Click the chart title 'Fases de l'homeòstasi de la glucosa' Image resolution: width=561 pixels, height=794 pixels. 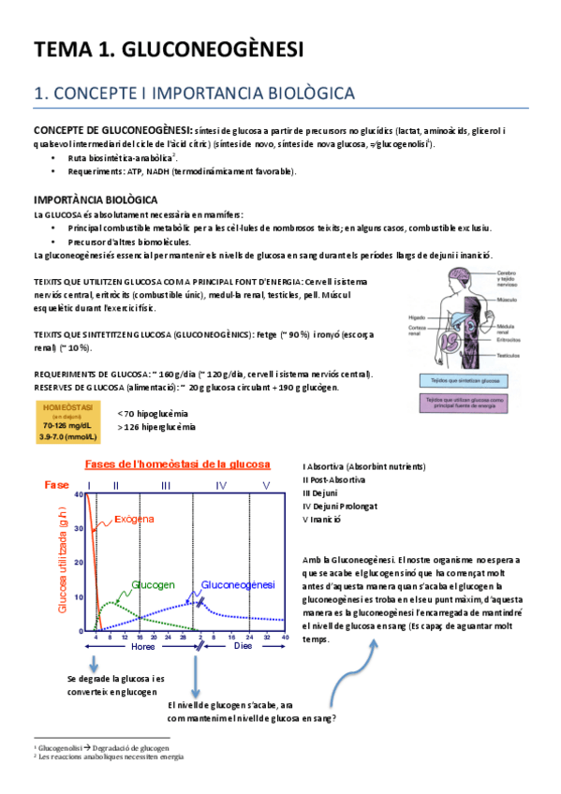click(x=177, y=464)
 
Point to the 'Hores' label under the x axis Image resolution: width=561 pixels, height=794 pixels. click(x=143, y=646)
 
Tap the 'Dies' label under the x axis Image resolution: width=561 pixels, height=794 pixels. click(x=243, y=646)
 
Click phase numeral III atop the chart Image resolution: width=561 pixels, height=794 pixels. click(x=165, y=485)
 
